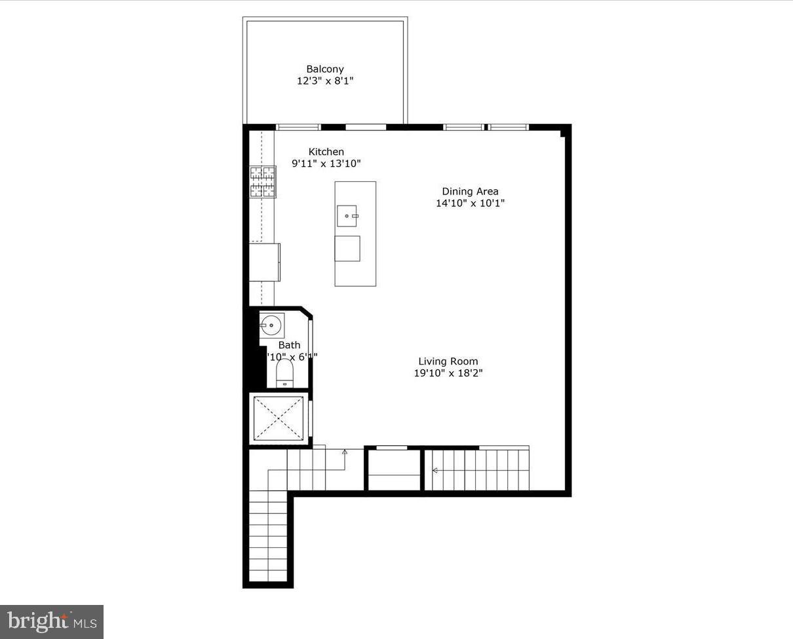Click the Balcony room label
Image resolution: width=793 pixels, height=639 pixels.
[x=325, y=69]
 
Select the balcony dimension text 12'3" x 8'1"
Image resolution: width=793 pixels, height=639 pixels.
[x=325, y=81]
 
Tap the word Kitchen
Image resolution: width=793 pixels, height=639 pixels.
[x=326, y=152]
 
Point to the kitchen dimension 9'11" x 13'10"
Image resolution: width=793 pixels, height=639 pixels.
[x=326, y=164]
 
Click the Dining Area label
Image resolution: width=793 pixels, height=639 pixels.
[x=470, y=191]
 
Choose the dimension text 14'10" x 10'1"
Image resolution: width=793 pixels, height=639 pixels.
[x=470, y=203]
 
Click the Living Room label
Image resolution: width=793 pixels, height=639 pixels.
[x=448, y=361]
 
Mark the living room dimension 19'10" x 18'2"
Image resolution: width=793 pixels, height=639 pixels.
[x=448, y=373]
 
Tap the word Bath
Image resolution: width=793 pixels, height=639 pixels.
[x=289, y=345]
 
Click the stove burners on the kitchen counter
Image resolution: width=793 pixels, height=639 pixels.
[x=262, y=182]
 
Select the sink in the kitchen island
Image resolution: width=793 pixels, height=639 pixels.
[x=347, y=215]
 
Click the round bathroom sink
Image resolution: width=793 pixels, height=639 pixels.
[x=271, y=324]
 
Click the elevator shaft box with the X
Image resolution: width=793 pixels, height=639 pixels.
[x=279, y=418]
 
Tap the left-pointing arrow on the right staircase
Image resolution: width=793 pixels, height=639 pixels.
[x=435, y=470]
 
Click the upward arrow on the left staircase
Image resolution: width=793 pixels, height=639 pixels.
[x=345, y=452]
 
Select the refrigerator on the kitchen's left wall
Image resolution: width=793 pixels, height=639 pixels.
[x=265, y=262]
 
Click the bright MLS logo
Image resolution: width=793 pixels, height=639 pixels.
[x=52, y=621]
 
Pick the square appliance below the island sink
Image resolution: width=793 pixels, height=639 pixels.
[x=347, y=248]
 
